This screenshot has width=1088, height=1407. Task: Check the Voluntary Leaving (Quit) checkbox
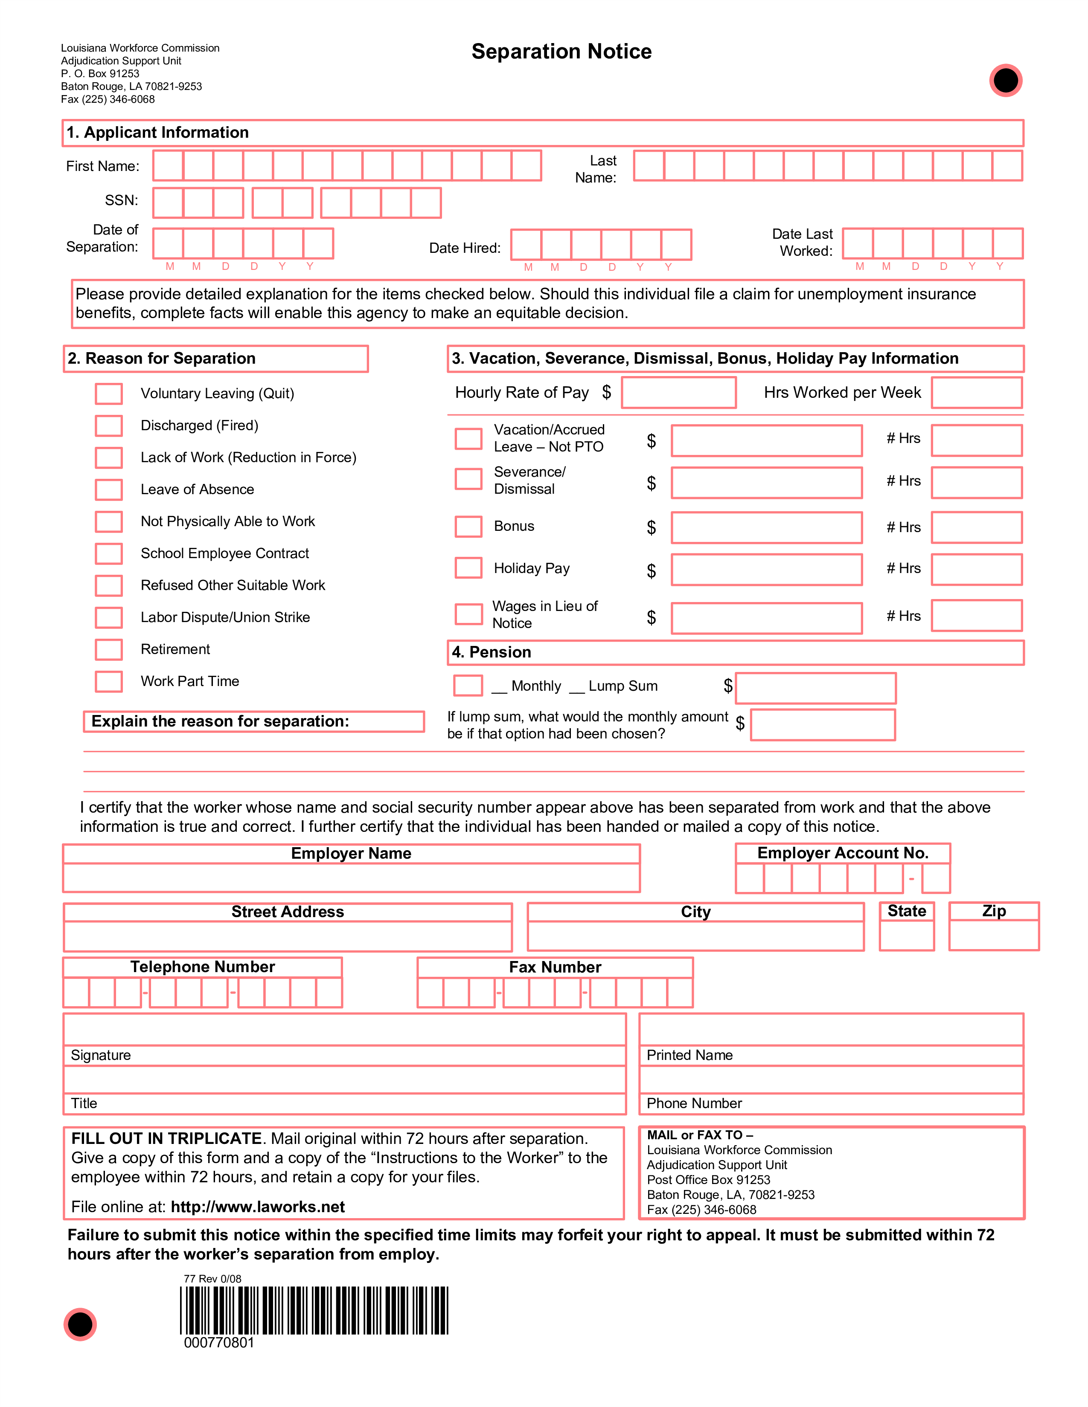(x=109, y=394)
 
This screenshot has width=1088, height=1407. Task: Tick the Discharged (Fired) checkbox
(x=109, y=426)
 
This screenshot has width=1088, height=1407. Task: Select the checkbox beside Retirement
(x=109, y=649)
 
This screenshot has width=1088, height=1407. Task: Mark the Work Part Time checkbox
(x=109, y=682)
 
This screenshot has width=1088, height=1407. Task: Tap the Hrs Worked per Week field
(x=977, y=393)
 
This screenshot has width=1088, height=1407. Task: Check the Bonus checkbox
(x=468, y=526)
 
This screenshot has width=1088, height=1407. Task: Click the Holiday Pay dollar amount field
(x=766, y=570)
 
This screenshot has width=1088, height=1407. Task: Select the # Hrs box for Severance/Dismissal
(x=977, y=483)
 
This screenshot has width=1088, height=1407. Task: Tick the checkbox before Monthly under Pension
(x=468, y=686)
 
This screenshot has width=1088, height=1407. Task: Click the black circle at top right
(x=1006, y=81)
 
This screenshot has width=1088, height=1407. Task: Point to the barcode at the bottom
(x=314, y=1310)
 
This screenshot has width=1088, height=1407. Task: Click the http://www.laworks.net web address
(x=258, y=1207)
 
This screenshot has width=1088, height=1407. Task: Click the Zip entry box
(x=994, y=935)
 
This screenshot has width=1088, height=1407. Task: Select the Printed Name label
(x=689, y=1055)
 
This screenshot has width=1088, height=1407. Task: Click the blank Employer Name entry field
(x=351, y=877)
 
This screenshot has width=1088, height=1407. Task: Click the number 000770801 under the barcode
(x=219, y=1343)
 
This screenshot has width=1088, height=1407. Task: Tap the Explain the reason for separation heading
(x=221, y=721)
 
